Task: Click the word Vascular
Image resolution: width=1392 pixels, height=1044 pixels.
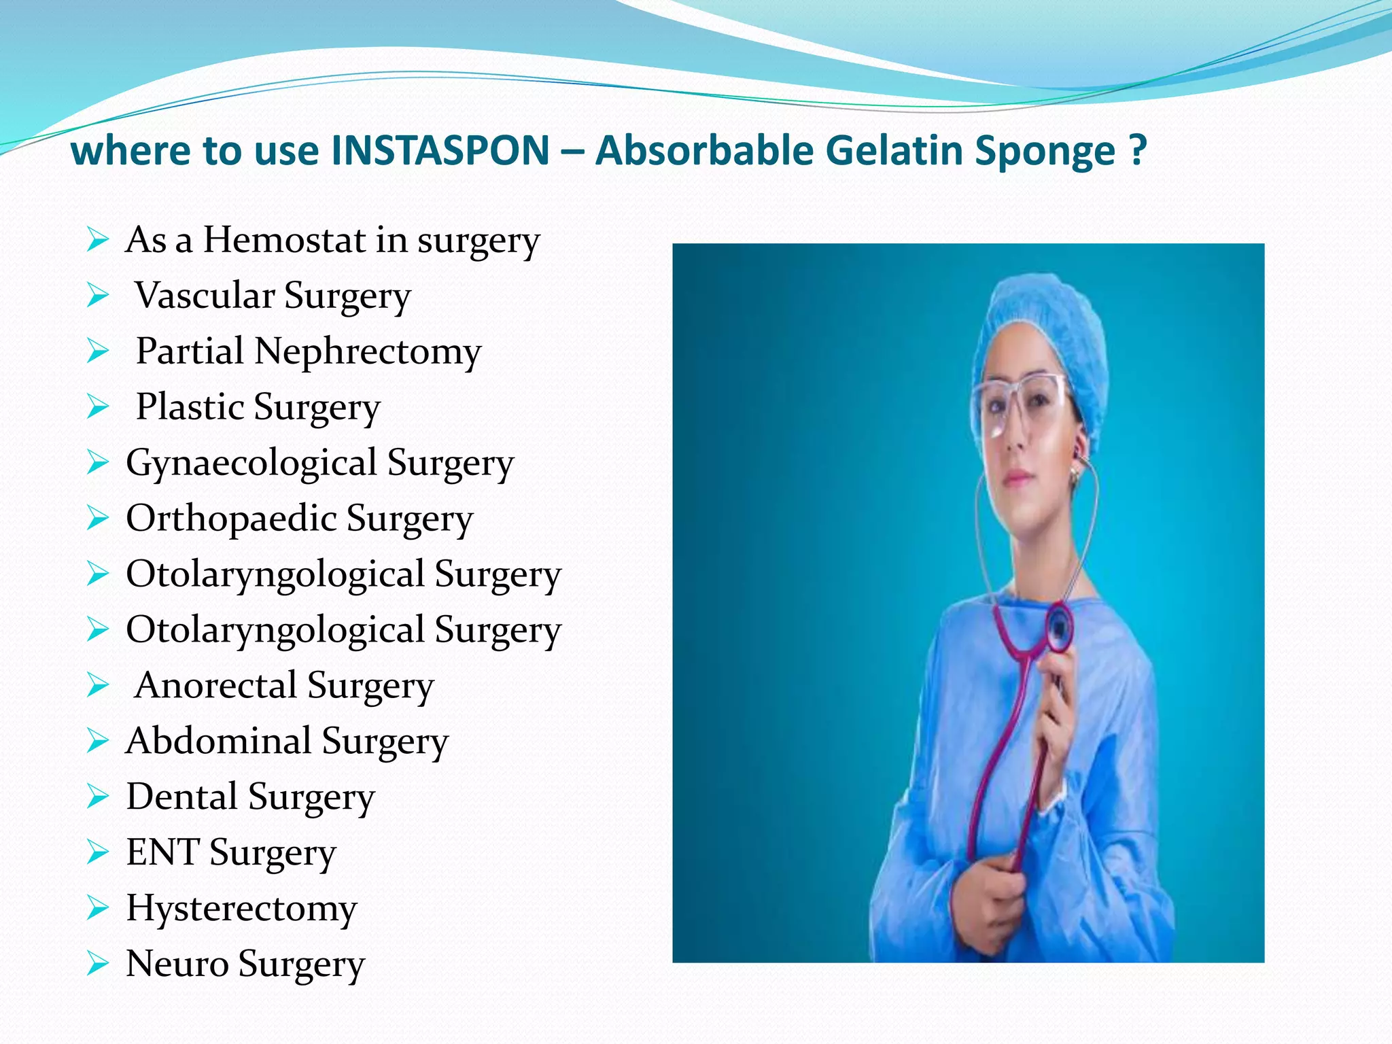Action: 205,296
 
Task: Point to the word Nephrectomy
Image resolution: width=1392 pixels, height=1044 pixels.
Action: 367,352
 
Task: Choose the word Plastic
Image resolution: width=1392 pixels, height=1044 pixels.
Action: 190,407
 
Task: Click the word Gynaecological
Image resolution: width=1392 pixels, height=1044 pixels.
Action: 251,464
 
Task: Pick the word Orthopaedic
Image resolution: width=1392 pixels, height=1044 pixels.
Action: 231,519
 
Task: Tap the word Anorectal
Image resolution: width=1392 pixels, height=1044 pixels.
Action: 215,685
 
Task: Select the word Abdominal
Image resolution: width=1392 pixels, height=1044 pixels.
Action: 218,741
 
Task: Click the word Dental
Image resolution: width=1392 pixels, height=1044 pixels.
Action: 181,797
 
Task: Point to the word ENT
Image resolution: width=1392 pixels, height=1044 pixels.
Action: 162,852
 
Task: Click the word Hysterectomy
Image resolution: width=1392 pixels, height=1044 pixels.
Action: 241,909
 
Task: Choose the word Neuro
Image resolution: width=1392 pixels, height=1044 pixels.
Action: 177,964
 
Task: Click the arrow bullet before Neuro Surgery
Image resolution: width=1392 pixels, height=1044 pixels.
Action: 98,964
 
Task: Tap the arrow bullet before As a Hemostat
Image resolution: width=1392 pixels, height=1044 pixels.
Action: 98,240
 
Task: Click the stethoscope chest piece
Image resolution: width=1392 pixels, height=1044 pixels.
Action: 1059,625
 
